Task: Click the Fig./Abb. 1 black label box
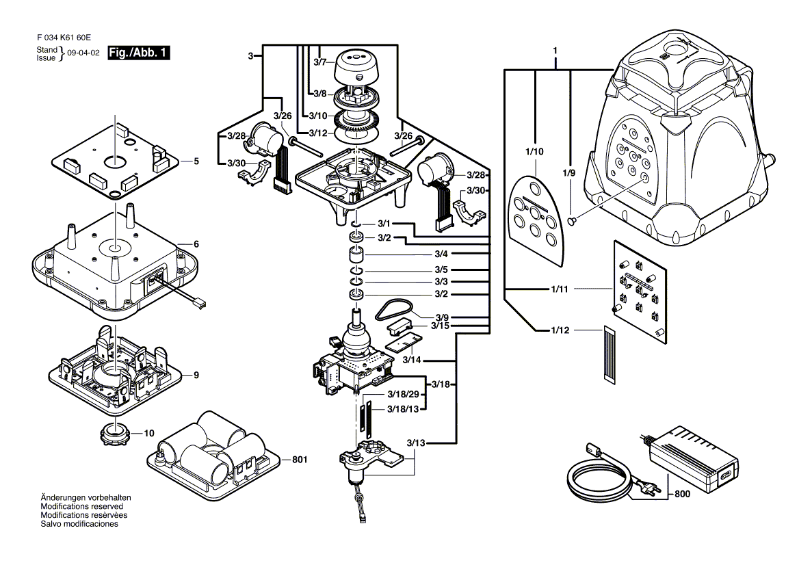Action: coord(138,53)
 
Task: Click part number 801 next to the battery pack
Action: coord(299,460)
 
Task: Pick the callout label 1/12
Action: coord(560,330)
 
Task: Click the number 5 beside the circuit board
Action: coord(196,161)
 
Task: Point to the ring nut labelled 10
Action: coord(116,432)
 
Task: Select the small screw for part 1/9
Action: coord(573,220)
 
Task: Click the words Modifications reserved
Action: coord(81,505)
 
